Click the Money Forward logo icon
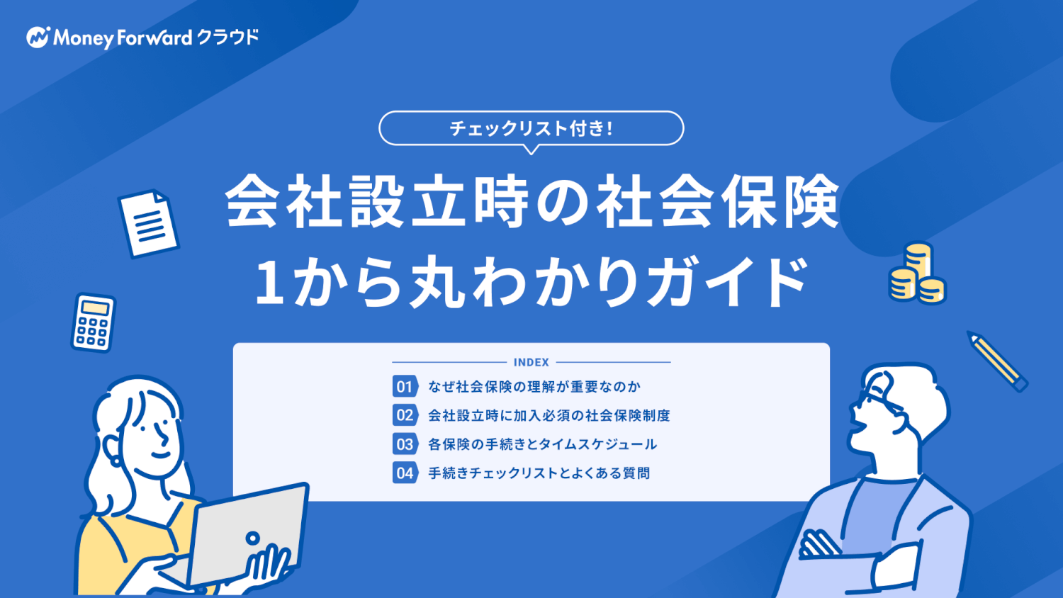38,37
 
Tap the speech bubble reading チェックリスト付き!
531,128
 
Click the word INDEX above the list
531,362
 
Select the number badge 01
405,386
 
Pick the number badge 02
405,415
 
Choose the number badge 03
405,444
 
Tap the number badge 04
405,473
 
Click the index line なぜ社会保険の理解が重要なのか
534,387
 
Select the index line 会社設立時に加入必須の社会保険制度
549,416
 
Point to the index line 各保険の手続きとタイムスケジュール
542,444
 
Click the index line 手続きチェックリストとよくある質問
539,473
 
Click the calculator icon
93,322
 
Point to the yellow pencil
998,361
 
